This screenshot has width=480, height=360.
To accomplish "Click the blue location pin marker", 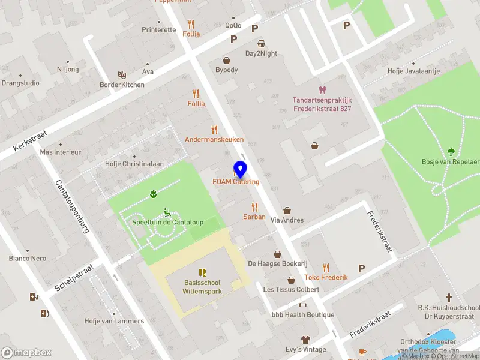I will click(240, 170).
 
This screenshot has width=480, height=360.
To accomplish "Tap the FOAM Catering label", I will click(236, 182).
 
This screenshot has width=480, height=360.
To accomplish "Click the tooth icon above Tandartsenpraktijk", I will click(322, 90).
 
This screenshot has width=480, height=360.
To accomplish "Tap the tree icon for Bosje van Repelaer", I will click(451, 151).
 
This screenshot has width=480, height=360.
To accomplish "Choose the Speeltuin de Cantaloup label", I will click(167, 223).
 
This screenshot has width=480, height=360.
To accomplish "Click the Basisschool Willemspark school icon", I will click(202, 272).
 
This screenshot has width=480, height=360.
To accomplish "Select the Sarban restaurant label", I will click(254, 217).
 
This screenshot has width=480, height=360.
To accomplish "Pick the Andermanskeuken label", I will click(214, 139).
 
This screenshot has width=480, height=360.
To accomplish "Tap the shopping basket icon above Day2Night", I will click(261, 43).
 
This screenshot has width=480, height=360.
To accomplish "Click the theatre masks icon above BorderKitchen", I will click(122, 75).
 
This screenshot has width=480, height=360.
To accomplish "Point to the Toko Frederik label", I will click(326, 277).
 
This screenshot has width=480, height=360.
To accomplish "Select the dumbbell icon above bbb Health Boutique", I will click(302, 305).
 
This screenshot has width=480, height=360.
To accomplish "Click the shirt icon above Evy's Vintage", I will click(306, 340).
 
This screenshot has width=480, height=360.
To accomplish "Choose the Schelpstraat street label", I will click(74, 277).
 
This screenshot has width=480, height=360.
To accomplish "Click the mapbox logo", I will click(26, 353).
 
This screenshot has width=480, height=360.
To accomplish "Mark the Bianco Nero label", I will click(27, 259).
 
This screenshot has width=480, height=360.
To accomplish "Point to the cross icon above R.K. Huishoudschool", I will click(449, 298).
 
